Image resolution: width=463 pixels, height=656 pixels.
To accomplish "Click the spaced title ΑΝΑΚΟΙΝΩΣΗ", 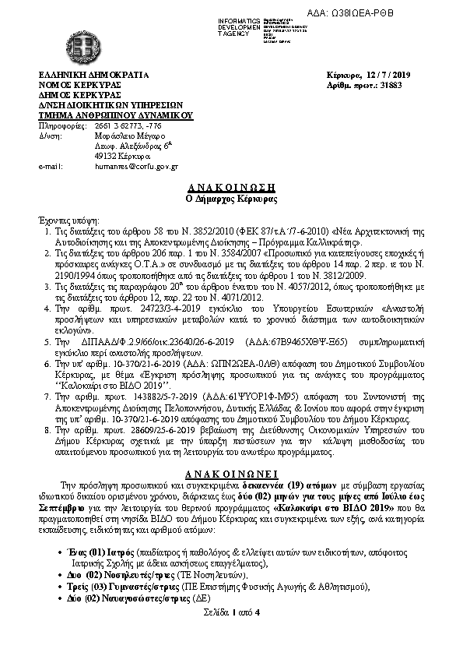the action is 230,189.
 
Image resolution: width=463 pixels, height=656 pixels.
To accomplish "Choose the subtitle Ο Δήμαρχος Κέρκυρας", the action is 230,200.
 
